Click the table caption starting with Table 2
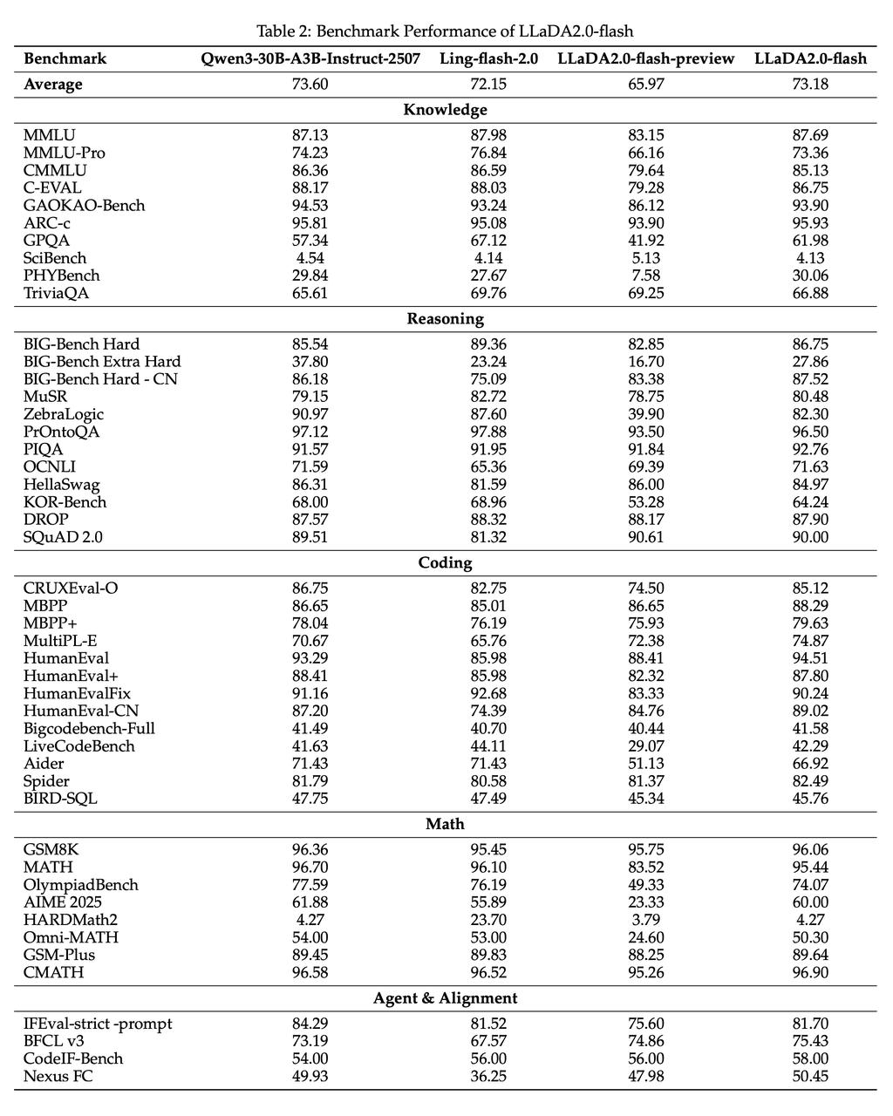pyautogui.click(x=446, y=31)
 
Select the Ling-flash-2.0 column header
pyautogui.click(x=488, y=58)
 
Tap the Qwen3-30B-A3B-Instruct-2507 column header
pyautogui.click(x=310, y=58)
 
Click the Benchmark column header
pyautogui.click(x=65, y=58)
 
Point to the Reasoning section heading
pyautogui.click(x=446, y=318)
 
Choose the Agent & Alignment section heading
pyautogui.click(x=446, y=998)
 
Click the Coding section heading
pyautogui.click(x=446, y=562)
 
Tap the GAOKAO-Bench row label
pyautogui.click(x=85, y=205)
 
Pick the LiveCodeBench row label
pyautogui.click(x=79, y=745)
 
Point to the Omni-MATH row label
pyautogui.click(x=72, y=937)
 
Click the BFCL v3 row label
pyautogui.click(x=54, y=1041)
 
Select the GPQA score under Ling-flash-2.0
pyautogui.click(x=488, y=240)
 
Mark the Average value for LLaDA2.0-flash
pyautogui.click(x=810, y=84)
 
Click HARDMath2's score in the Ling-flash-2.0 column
pyautogui.click(x=488, y=920)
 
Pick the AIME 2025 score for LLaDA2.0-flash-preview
pyautogui.click(x=646, y=902)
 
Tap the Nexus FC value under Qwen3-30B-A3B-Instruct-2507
pyautogui.click(x=310, y=1076)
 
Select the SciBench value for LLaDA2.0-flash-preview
pyautogui.click(x=646, y=257)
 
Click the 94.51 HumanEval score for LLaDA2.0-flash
pyautogui.click(x=810, y=658)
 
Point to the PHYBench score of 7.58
pyautogui.click(x=646, y=275)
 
